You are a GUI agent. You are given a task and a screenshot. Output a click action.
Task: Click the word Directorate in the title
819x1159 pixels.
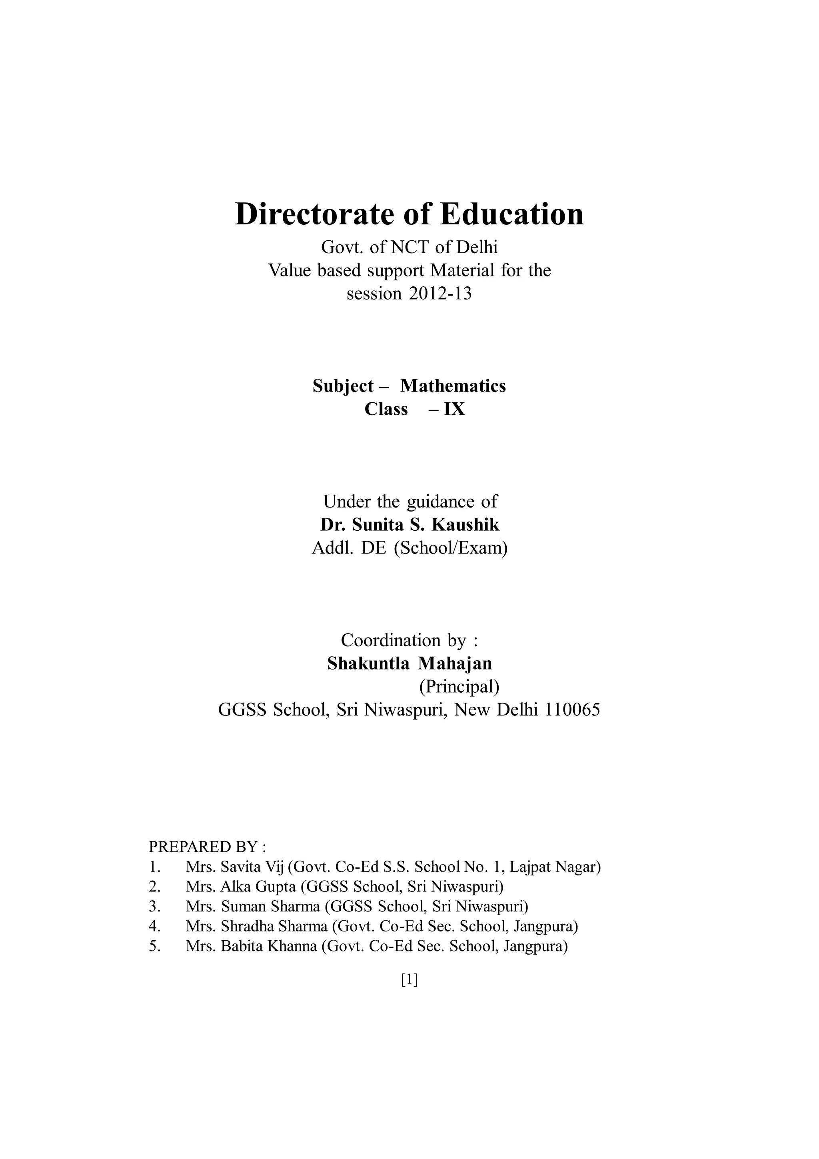[316, 214]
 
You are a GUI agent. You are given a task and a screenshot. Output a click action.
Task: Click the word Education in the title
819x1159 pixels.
[512, 214]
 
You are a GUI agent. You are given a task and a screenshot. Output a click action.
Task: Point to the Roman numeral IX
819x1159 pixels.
[454, 409]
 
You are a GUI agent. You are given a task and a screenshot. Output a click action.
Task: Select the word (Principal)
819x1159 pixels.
[459, 687]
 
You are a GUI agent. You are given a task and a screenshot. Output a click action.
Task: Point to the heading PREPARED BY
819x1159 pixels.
[208, 846]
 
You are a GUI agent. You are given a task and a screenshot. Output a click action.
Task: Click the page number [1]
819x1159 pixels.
[409, 980]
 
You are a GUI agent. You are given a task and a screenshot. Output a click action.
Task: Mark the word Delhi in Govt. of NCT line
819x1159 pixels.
[477, 247]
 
